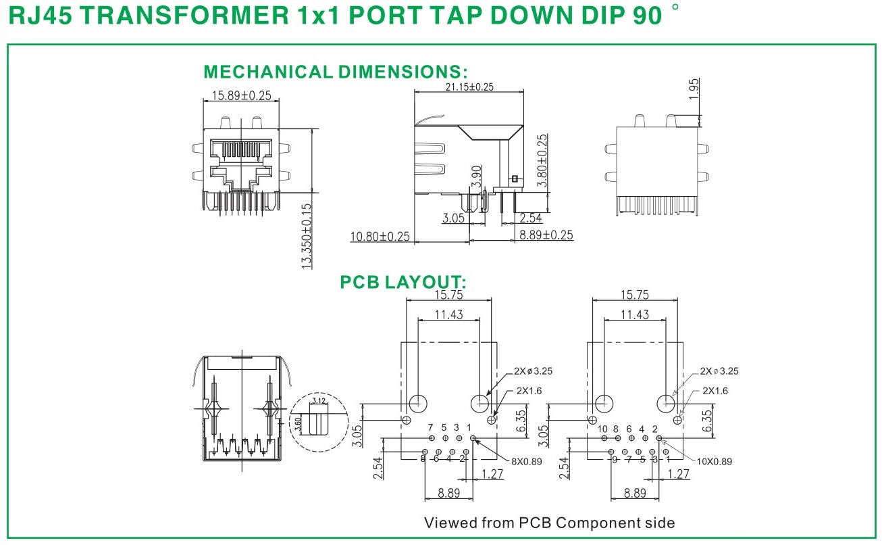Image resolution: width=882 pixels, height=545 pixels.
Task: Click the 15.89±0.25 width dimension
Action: [241, 96]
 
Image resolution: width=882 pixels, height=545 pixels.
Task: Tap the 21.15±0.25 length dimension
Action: [469, 87]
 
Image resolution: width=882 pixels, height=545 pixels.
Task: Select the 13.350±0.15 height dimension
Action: [307, 236]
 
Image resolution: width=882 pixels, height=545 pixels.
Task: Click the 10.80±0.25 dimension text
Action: [380, 237]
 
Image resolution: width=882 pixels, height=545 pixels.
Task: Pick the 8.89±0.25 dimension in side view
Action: [546, 235]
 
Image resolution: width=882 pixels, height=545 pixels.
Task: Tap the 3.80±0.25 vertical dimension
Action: [542, 160]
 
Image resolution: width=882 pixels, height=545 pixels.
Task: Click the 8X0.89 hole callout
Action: [526, 462]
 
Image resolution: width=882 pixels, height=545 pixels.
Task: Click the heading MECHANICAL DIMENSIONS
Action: [336, 72]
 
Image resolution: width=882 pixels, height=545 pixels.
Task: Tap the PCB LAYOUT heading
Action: [403, 281]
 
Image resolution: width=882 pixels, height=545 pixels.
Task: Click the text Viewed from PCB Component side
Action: [549, 523]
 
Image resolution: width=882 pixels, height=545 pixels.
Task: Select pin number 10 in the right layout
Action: [602, 429]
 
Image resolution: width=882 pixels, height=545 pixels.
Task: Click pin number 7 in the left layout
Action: [430, 428]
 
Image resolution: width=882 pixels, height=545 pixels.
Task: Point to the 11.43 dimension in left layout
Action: [448, 314]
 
